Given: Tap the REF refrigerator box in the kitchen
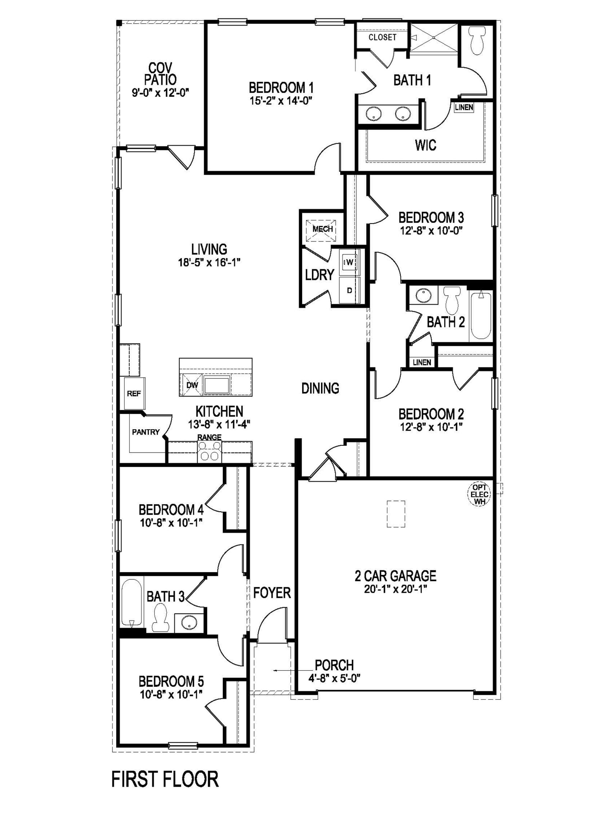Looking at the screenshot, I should pyautogui.click(x=134, y=393).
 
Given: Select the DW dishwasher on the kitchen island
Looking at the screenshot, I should pyautogui.click(x=192, y=385).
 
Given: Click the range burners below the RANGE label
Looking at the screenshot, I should pyautogui.click(x=210, y=451).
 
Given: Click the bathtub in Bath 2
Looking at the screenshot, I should pyautogui.click(x=481, y=315).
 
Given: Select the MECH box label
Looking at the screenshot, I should pyautogui.click(x=322, y=229).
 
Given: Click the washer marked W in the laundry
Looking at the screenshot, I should pyautogui.click(x=349, y=262).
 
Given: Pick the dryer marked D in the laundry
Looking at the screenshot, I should pyautogui.click(x=349, y=290).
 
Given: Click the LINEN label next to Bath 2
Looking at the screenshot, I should pyautogui.click(x=422, y=362).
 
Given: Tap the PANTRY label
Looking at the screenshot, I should pyautogui.click(x=146, y=432).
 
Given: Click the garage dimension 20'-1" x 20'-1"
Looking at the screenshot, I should pyautogui.click(x=395, y=589).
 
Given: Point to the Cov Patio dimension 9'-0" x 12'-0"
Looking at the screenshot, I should pyautogui.click(x=160, y=93).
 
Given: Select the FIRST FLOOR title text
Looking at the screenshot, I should pyautogui.click(x=165, y=779).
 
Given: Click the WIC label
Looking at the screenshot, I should pyautogui.click(x=425, y=145).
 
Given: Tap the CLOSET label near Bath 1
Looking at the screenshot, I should pyautogui.click(x=382, y=37).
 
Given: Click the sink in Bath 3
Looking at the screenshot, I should pyautogui.click(x=189, y=622).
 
